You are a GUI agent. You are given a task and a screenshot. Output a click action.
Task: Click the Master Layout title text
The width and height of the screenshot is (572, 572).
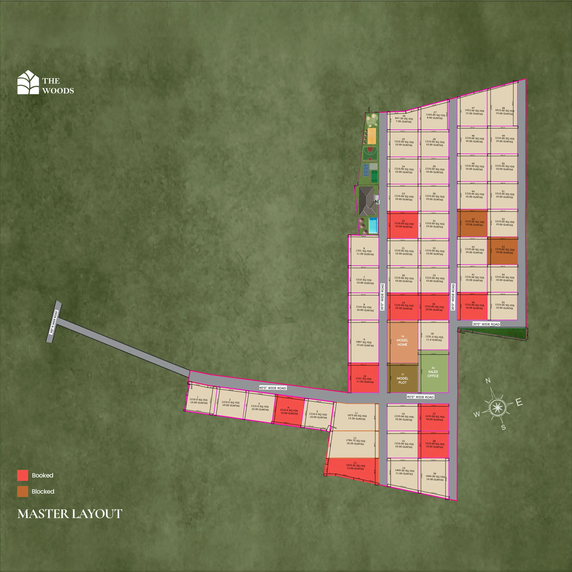tap(70, 514)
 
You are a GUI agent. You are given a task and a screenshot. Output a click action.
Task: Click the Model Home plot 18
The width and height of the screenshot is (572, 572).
tap(402, 342)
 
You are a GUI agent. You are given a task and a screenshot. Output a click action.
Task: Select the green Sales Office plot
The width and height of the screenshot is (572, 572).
tap(433, 374)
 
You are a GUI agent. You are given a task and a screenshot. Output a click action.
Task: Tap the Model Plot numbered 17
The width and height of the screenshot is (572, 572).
tap(402, 379)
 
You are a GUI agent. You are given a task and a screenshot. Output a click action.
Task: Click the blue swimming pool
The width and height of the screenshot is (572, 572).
tap(373, 226)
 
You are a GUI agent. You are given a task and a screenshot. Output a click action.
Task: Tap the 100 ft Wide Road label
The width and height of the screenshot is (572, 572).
tap(54, 322)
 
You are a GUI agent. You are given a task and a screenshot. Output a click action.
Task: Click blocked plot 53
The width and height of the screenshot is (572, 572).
tap(502, 251)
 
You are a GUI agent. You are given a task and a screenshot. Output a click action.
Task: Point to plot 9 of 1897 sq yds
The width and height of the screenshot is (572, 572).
tap(364, 343)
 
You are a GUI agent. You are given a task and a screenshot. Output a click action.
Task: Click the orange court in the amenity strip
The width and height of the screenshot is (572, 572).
tap(372, 134)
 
